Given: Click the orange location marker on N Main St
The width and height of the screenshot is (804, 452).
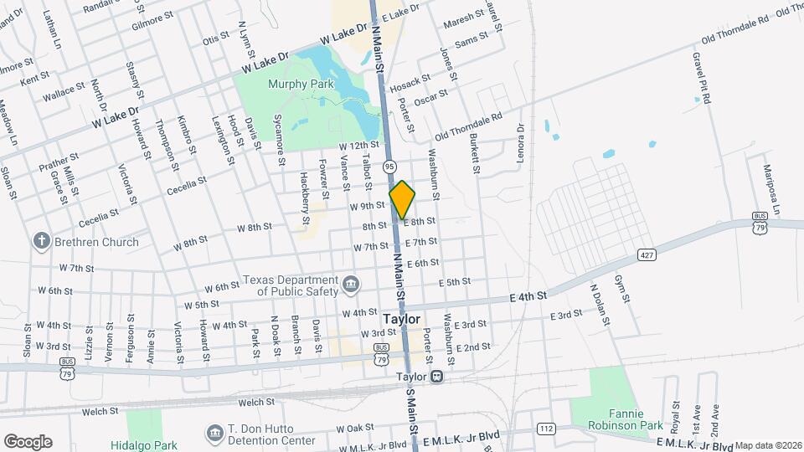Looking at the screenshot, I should (403, 199).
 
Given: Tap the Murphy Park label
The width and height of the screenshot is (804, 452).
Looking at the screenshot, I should (301, 84).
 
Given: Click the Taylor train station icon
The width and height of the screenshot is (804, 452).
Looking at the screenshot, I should (438, 377).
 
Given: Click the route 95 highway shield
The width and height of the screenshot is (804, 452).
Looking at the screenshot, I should (390, 167).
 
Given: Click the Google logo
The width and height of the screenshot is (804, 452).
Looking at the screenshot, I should (28, 441).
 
